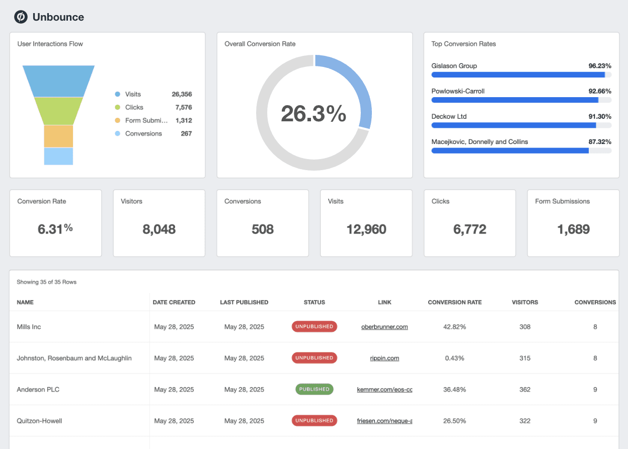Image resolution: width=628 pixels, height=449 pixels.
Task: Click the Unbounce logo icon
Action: (x=21, y=17)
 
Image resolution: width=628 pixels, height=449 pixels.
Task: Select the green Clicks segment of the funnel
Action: (x=58, y=111)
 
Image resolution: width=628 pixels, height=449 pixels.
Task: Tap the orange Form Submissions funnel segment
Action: (x=58, y=136)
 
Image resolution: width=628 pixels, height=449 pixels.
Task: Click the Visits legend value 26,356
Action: (x=182, y=94)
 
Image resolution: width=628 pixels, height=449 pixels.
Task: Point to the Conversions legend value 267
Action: (x=186, y=133)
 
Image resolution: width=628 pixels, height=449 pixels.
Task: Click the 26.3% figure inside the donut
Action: (x=313, y=114)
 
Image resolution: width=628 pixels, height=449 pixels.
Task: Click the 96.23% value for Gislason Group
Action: (x=600, y=66)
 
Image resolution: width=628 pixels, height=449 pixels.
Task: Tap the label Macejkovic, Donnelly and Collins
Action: (x=480, y=142)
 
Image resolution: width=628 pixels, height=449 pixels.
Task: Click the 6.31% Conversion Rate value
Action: (x=55, y=230)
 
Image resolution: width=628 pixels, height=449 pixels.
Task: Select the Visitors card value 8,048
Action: (x=159, y=230)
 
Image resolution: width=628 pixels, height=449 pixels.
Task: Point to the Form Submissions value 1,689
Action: (x=573, y=230)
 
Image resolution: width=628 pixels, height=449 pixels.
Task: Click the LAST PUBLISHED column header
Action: (x=244, y=303)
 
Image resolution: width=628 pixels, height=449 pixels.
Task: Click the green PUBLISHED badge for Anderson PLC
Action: (x=314, y=389)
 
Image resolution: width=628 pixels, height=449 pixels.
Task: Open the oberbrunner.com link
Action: (x=384, y=327)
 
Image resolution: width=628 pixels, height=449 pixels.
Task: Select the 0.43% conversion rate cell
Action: (x=454, y=358)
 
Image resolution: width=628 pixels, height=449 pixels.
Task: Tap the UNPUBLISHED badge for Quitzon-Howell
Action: (x=314, y=420)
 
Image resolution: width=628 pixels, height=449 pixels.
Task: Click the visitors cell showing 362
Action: (x=525, y=390)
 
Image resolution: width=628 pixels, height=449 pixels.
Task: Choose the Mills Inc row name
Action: (x=29, y=327)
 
